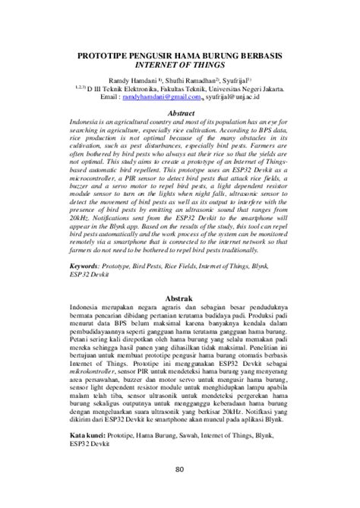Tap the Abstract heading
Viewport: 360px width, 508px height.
point(180,112)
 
